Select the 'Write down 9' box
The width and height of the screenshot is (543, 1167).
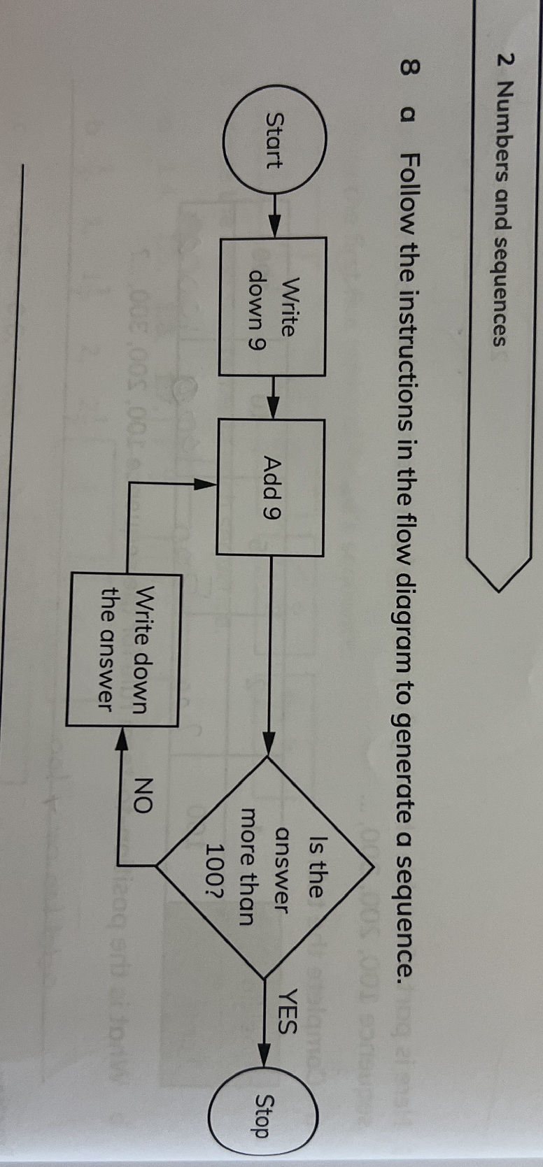[273, 306]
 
